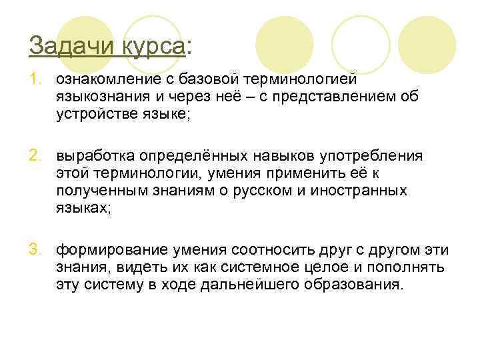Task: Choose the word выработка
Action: (95, 156)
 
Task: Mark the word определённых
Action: (193, 156)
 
